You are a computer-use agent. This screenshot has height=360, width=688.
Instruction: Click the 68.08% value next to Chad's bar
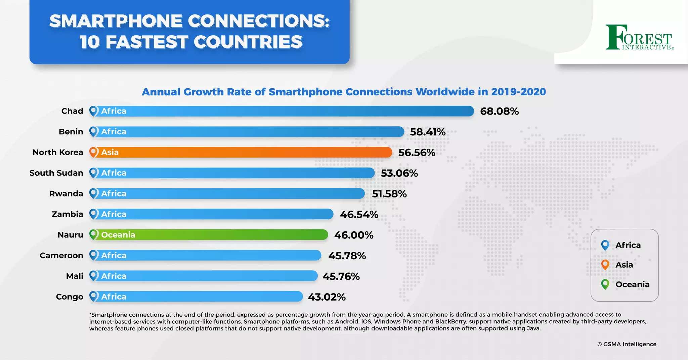499,111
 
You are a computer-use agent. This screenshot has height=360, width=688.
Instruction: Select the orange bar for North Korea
242,152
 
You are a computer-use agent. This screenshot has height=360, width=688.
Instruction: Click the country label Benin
71,132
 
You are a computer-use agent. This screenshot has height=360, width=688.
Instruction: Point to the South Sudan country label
56,173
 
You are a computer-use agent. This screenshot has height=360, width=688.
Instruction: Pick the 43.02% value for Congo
327,297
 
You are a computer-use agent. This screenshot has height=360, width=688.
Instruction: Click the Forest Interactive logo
639,38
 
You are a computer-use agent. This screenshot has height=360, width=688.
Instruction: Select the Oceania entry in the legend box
632,284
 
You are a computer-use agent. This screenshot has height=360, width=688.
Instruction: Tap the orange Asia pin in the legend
605,265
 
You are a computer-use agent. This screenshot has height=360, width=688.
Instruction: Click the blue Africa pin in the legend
605,245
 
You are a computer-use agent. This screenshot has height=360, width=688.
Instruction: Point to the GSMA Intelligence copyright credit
627,344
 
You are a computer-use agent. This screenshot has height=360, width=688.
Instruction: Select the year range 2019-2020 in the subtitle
518,92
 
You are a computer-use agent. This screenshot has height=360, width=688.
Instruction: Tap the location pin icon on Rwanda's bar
94,193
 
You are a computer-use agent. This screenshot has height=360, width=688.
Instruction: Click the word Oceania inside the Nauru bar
118,235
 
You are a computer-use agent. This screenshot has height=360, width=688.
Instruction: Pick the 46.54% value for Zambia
359,214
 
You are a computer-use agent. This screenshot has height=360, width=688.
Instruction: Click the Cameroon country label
61,256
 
